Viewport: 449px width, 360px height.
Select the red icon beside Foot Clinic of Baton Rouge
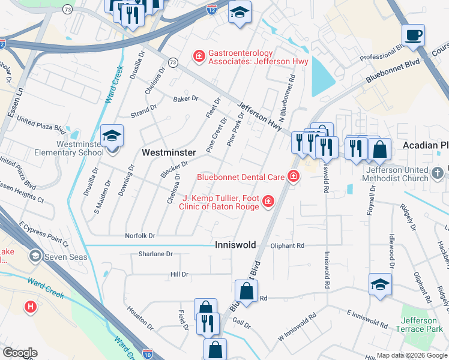point(268,202)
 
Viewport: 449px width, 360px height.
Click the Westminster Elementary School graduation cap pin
point(112,136)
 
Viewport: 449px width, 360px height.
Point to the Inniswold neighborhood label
point(235,245)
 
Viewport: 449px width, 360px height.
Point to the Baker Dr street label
point(185,98)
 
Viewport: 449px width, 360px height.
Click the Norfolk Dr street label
point(140,236)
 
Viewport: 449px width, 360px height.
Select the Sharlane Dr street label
point(155,254)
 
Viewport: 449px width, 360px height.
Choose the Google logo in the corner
point(19,353)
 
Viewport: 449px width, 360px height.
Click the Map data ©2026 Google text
point(411,355)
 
